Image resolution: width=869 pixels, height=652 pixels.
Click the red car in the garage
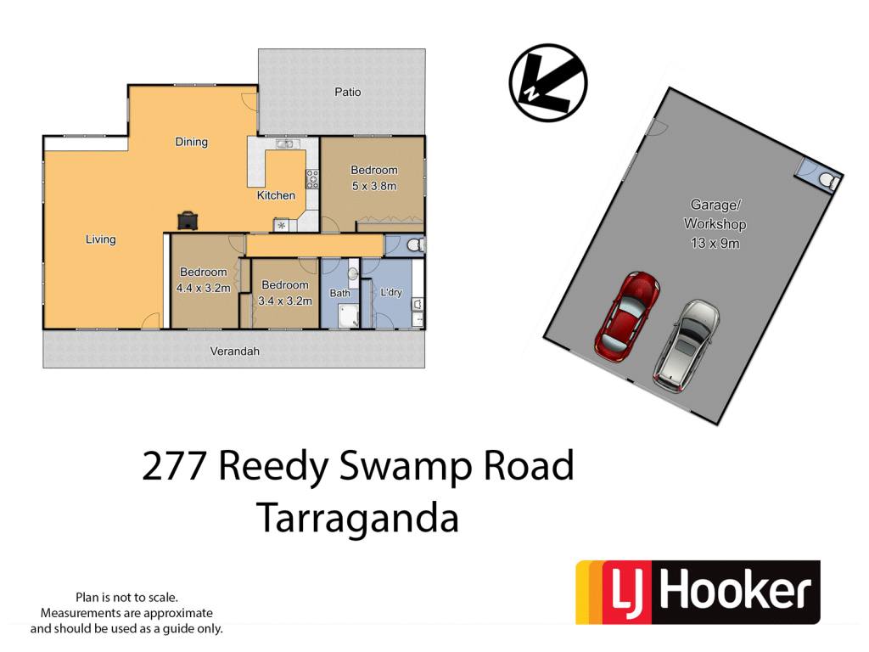coord(627,317)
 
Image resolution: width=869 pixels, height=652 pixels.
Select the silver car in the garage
coord(686,346)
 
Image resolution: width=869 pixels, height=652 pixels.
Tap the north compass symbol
coord(547,82)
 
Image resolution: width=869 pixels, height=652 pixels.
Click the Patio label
coord(347,92)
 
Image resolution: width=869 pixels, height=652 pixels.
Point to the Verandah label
coord(234,351)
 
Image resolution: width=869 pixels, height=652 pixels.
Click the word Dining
coord(191,142)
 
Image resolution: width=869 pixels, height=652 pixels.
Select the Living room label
coord(100,239)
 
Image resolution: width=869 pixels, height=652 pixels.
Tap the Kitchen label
coord(276,195)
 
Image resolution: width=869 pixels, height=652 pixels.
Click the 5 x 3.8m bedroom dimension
coord(374,186)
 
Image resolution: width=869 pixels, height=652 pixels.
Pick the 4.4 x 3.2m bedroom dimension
coord(203,289)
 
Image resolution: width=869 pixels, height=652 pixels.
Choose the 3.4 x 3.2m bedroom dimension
coord(285,301)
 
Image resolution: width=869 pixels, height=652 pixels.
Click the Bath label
coord(339,293)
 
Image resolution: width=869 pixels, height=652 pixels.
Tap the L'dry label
coord(391,292)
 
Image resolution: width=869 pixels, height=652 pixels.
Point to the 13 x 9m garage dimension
coord(715,243)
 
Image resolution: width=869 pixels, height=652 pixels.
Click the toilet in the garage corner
coord(827,180)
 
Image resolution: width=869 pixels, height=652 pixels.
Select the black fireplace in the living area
coord(188,220)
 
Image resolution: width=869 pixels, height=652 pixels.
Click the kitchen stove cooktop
coord(312,178)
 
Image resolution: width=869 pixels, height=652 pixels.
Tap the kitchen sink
coord(285,144)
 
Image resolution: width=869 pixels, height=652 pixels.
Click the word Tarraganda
coord(358,519)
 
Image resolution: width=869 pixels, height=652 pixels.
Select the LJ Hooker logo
coord(698,592)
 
